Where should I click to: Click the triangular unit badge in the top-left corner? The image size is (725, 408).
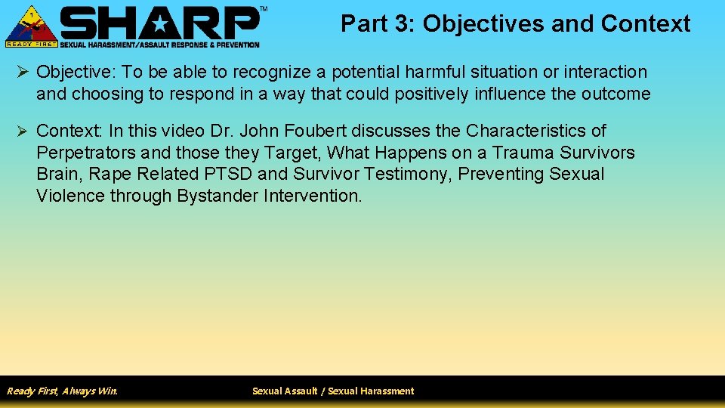pyautogui.click(x=31, y=24)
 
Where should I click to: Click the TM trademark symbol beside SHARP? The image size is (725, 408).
pyautogui.click(x=263, y=8)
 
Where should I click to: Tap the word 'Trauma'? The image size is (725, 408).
pyautogui.click(x=522, y=153)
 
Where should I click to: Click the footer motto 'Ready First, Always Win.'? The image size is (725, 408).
pyautogui.click(x=62, y=391)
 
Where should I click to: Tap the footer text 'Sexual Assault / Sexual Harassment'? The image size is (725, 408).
pyautogui.click(x=333, y=391)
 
